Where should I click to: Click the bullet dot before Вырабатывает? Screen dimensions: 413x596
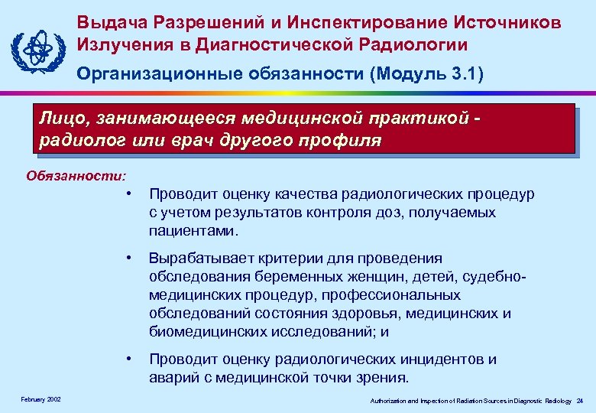pyautogui.click(x=131, y=259)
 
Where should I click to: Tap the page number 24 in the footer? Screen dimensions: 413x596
pyautogui.click(x=580, y=400)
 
